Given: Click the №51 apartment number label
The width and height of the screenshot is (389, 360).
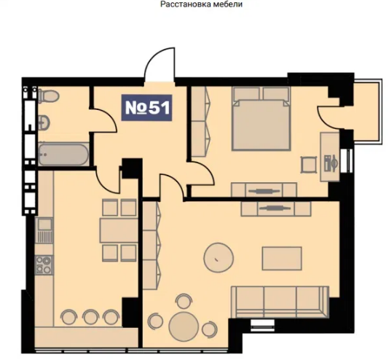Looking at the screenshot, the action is coord(146,108).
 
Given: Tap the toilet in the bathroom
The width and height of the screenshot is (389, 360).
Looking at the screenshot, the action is coord(49,95).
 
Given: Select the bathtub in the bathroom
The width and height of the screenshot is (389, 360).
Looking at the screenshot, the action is coord(63,154).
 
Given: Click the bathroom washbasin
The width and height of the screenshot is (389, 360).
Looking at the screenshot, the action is coord(44,122).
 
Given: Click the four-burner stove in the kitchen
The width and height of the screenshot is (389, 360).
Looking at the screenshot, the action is coord(44,265).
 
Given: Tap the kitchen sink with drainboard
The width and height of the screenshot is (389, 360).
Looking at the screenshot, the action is coord(44,230).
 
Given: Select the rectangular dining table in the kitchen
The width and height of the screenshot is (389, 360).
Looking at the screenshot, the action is coord(119,230).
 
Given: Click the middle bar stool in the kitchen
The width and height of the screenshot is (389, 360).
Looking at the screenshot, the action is coord(90,317).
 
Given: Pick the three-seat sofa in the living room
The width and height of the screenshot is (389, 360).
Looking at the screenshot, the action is coord(280,302).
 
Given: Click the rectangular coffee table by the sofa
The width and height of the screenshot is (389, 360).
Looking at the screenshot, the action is coord(282,258).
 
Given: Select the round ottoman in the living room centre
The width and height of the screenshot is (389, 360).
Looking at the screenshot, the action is coord(219,258).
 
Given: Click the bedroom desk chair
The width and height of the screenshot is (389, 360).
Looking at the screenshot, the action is coord(309,165).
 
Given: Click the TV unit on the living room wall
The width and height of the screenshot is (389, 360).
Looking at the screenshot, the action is coord(276,208).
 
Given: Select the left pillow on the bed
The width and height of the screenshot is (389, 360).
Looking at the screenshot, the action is coord(246,93).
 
